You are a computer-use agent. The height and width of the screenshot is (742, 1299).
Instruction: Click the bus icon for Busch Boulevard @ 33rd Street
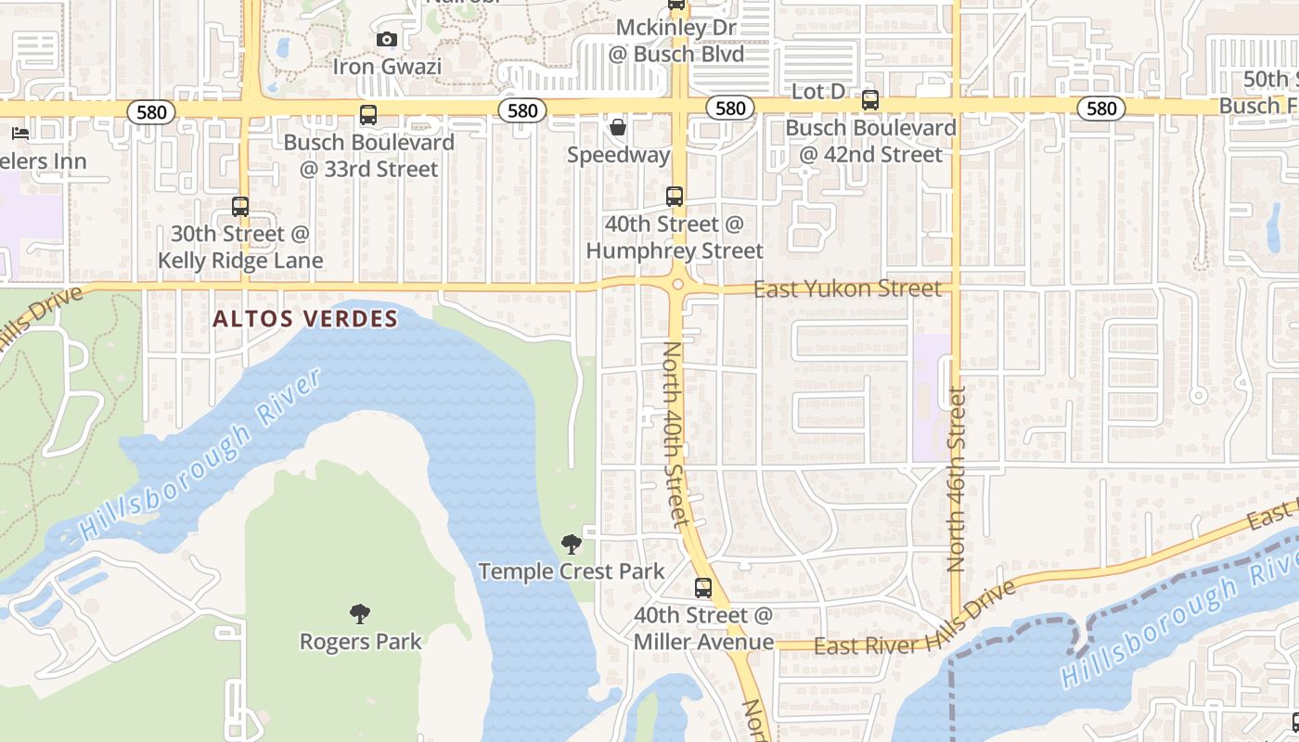point(368,115)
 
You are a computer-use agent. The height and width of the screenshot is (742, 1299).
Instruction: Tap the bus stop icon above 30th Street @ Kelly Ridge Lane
point(240,207)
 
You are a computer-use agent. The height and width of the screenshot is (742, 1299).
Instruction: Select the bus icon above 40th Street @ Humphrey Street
point(675,197)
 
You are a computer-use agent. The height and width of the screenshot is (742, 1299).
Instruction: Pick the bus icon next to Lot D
point(870,100)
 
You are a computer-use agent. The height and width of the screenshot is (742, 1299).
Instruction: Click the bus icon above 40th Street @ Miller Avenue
point(703,588)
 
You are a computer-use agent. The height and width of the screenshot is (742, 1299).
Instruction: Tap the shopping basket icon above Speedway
point(618,126)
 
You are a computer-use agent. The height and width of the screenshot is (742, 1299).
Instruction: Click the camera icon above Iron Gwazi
point(387,39)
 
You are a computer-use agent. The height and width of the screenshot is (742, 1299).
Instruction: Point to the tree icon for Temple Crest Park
point(572,544)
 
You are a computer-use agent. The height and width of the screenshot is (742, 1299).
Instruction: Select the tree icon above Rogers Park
point(360,613)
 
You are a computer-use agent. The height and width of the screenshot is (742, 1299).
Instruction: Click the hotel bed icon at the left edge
point(20,134)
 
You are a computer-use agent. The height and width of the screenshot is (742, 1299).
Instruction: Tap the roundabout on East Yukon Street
point(678,285)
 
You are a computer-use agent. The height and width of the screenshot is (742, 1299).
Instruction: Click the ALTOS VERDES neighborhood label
point(305,319)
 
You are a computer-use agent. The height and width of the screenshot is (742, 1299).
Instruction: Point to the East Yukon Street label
point(847,289)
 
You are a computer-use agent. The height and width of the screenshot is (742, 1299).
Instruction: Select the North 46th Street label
point(958,478)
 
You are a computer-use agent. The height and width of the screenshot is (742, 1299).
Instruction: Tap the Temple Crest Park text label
point(572,571)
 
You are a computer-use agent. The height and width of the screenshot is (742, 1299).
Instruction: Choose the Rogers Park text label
point(360,641)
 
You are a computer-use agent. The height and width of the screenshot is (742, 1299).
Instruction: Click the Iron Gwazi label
point(387,67)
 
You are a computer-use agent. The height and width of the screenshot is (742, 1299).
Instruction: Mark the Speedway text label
point(618,155)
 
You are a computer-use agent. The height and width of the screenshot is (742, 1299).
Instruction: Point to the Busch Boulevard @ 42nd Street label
point(870,141)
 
